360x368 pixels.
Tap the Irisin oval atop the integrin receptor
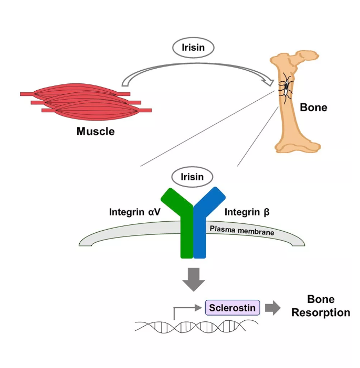coord(192,177)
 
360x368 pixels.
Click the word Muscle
coord(96,131)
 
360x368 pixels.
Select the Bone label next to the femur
coord(313,108)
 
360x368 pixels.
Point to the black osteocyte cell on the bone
coord(287,86)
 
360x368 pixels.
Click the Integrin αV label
coord(134,212)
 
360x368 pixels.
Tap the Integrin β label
coord(248,212)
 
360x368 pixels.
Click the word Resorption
coord(321,313)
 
